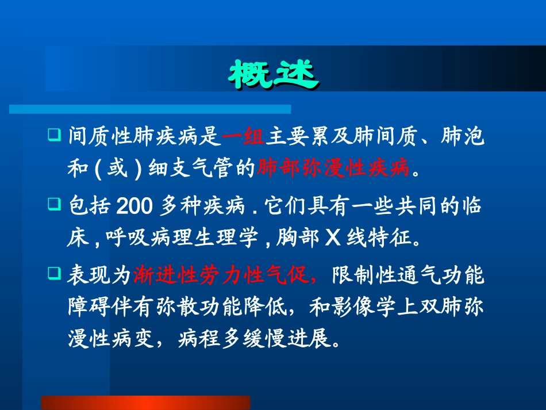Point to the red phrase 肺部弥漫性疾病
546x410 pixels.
[334, 169]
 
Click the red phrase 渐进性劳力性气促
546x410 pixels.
[225, 276]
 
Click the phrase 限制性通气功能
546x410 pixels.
[408, 276]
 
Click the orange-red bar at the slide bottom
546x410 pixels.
[145, 402]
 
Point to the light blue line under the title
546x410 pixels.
[150, 109]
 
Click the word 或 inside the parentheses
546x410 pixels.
[117, 169]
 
